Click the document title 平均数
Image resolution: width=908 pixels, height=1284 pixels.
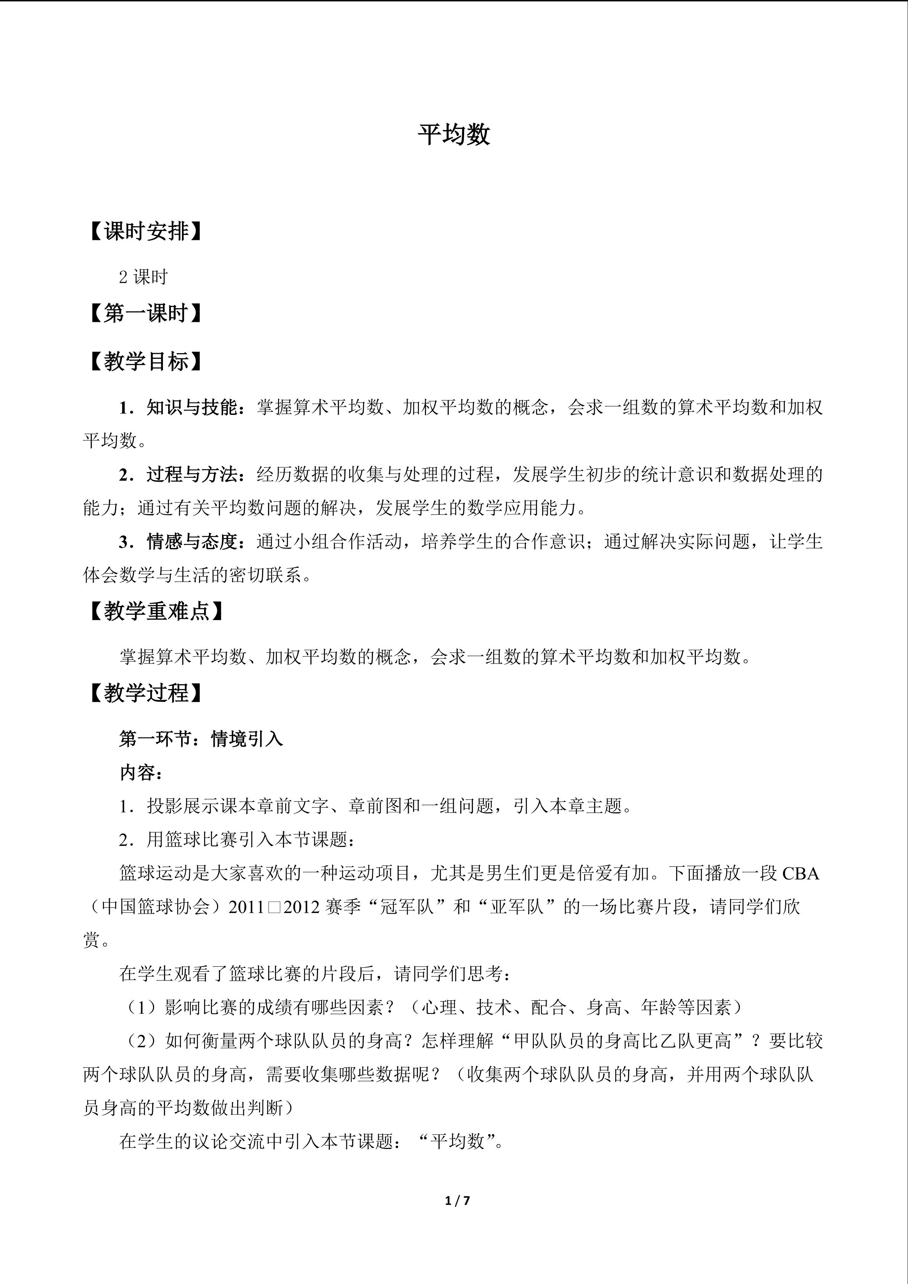tap(453, 135)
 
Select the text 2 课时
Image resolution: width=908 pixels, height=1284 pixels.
tap(143, 277)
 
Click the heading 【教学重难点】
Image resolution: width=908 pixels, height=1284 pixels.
tap(156, 612)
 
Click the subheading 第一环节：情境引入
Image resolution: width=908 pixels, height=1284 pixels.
tap(201, 739)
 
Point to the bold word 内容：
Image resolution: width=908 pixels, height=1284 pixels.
tap(141, 773)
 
